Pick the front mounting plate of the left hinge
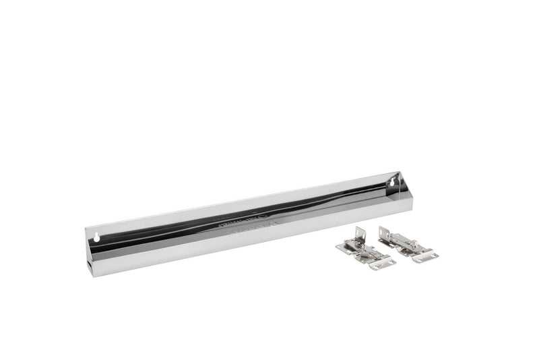[x=382, y=263]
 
